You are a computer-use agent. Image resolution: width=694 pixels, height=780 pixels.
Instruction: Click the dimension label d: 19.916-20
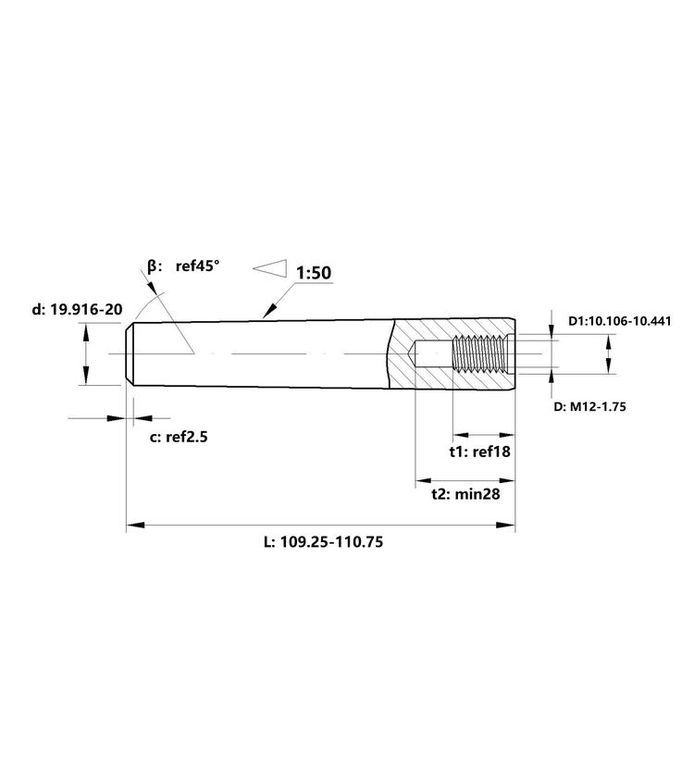(x=77, y=309)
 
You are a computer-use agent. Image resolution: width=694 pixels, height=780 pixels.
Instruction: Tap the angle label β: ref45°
(x=183, y=266)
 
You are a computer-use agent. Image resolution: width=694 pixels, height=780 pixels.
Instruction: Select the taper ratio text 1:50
(x=314, y=273)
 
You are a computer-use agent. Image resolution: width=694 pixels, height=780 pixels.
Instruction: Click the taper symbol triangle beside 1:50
(x=270, y=268)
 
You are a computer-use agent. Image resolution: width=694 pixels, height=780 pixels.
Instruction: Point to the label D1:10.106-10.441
(x=620, y=321)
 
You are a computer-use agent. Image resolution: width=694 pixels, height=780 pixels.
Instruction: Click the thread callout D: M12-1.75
(x=590, y=407)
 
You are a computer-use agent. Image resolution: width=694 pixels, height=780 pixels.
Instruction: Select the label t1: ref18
(x=479, y=452)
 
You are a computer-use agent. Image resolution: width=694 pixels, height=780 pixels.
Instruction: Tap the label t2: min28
(x=465, y=494)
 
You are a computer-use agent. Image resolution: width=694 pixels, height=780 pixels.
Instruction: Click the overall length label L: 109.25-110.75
(x=323, y=541)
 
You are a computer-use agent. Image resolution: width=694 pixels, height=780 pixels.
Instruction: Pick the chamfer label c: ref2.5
(x=179, y=438)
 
